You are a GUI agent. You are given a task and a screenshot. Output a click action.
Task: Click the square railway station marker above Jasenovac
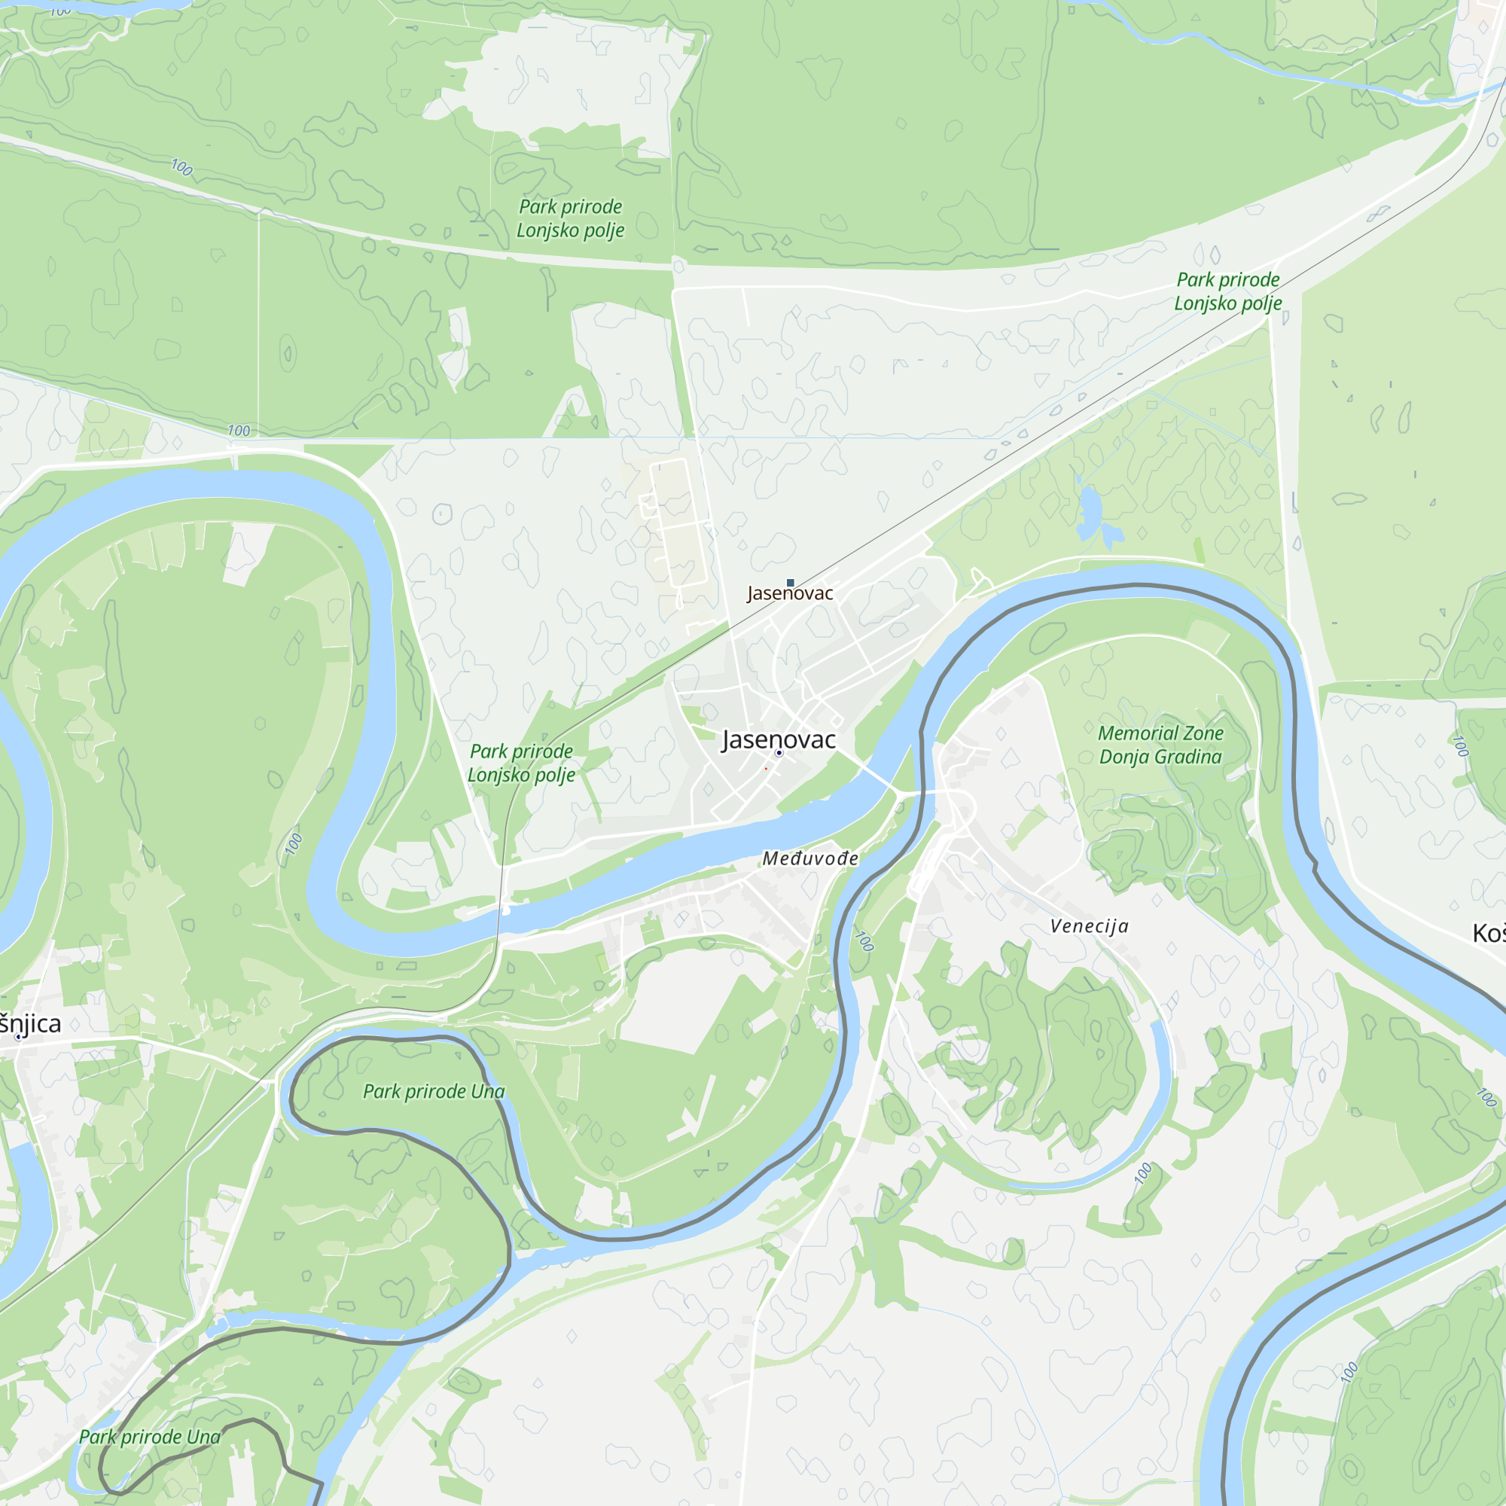791,582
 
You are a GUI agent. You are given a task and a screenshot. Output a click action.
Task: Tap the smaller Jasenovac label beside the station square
791,594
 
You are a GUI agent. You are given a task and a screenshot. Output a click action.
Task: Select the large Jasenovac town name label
779,739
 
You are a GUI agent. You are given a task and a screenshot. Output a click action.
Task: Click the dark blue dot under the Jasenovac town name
779,753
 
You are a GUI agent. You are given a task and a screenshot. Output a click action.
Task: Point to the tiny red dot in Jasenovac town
766,769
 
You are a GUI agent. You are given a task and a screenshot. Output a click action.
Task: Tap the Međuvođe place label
811,859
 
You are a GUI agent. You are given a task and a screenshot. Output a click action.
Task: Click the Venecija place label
1089,927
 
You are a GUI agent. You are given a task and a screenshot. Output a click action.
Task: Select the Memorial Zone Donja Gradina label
1160,745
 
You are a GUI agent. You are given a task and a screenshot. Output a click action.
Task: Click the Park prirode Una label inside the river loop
434,1091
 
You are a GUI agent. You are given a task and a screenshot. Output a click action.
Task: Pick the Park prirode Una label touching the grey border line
150,1437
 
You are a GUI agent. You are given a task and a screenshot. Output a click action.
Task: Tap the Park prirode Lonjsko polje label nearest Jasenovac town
522,762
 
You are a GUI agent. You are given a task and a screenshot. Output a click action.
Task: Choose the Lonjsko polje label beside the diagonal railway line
1227,291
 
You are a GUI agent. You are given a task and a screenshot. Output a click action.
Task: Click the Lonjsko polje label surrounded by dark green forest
571,218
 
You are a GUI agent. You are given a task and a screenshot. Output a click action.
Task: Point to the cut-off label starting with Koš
1488,933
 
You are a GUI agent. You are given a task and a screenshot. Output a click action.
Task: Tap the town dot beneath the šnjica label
19,1037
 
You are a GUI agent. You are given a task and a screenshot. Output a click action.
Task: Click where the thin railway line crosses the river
500,912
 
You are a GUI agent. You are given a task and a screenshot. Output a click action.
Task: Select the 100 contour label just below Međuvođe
864,940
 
